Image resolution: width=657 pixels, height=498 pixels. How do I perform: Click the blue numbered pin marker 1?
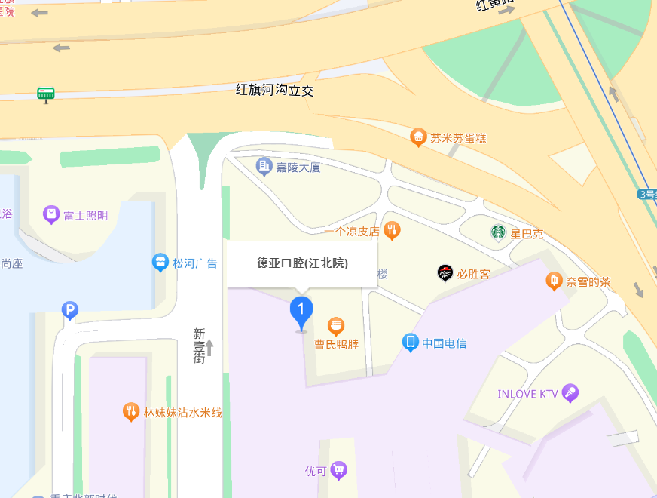click(301, 310)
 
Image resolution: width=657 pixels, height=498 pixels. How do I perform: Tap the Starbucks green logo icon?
click(498, 232)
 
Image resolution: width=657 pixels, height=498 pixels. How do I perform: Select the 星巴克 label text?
click(527, 234)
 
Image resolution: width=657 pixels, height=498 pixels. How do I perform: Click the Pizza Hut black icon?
click(445, 273)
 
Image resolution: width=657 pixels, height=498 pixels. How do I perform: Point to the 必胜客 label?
click(474, 274)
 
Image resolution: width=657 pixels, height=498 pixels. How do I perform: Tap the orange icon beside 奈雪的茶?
click(555, 281)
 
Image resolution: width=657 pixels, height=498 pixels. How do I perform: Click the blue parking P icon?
click(70, 309)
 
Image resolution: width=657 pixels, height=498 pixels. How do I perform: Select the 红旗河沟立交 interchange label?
click(274, 91)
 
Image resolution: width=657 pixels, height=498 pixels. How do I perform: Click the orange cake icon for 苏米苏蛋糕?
click(418, 137)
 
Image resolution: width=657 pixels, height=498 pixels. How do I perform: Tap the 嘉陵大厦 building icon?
click(264, 166)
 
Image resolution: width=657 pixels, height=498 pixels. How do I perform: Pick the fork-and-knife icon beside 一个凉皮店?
click(391, 230)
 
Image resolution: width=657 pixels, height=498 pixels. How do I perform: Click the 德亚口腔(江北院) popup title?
click(302, 263)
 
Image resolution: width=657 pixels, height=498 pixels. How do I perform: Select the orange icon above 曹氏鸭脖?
click(336, 326)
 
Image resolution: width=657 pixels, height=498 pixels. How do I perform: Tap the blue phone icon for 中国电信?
click(411, 343)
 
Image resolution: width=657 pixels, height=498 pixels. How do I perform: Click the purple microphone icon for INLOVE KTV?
click(570, 393)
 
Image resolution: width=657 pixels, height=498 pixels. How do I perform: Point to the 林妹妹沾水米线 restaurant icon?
click(132, 412)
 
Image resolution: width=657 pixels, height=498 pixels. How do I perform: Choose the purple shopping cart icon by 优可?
click(339, 470)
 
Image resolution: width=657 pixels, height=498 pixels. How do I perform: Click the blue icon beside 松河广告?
click(160, 263)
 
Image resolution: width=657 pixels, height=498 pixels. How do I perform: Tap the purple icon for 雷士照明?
click(51, 215)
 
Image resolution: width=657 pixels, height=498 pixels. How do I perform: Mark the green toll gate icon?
click(46, 94)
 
